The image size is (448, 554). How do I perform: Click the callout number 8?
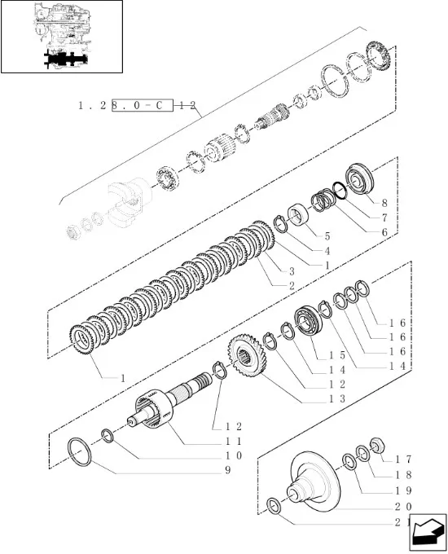[384, 203]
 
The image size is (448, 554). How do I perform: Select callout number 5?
[327, 236]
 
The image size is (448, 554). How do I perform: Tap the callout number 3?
[292, 271]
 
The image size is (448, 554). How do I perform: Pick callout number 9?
[228, 470]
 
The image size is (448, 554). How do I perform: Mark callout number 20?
[403, 507]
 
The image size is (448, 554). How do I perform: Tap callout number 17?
[403, 459]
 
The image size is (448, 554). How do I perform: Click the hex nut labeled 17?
[377, 445]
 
